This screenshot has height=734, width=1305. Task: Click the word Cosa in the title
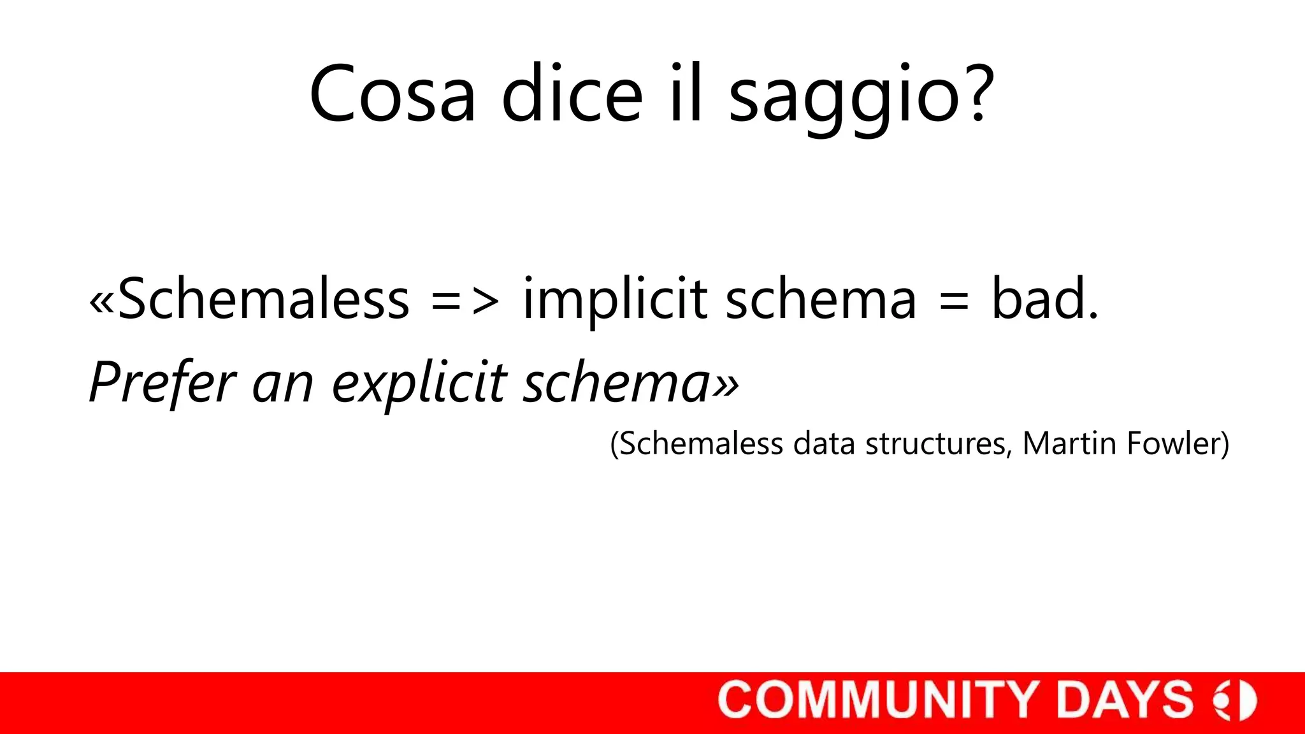pos(393,94)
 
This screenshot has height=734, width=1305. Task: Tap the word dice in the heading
pos(572,94)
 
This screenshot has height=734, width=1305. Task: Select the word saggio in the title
pos(844,97)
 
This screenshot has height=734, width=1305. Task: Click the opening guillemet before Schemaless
pos(102,302)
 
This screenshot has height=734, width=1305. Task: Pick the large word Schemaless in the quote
pos(263,299)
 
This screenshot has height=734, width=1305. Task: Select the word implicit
pos(615,301)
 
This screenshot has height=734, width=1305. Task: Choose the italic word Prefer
pos(163,382)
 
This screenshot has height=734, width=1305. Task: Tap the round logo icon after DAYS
pos(1236,700)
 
